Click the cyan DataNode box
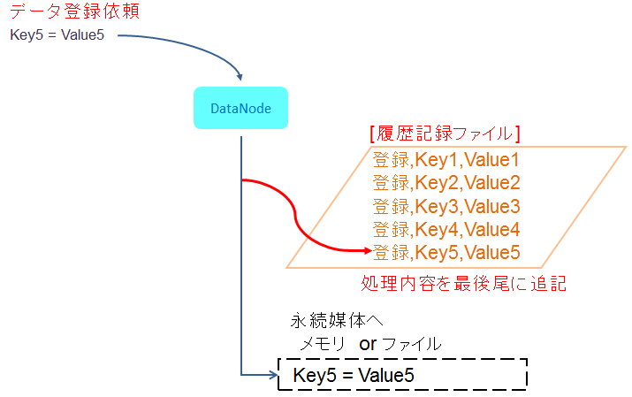point(240,108)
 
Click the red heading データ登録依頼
point(75,11)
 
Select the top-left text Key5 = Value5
point(57,35)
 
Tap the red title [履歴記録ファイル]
point(445,134)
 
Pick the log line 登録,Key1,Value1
point(445,160)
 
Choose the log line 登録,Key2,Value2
point(446,182)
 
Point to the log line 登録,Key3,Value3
point(446,206)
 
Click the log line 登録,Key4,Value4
point(446,229)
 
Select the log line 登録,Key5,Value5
point(446,252)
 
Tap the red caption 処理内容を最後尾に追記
point(463,283)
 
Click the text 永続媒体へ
point(337,320)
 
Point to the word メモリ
point(323,344)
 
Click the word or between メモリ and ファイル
point(368,345)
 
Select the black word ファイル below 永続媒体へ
point(412,344)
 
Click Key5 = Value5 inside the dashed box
point(354,375)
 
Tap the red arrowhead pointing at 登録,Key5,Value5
point(368,251)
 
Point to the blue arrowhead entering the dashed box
point(273,375)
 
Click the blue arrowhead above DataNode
point(240,77)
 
